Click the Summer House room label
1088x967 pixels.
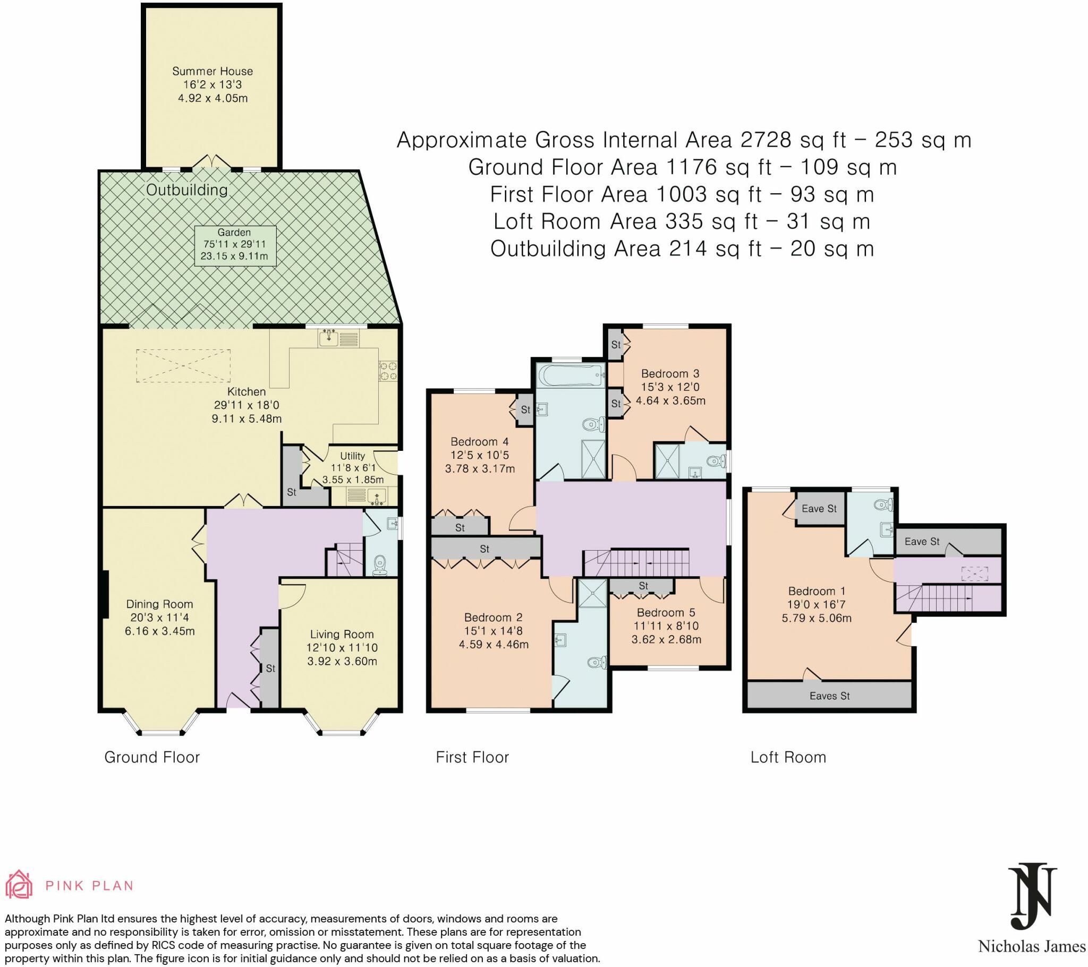coord(212,71)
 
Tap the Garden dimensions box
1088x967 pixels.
coord(234,246)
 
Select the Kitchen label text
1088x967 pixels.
coord(246,392)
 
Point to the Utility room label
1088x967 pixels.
coord(352,456)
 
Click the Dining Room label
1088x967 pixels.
coord(159,604)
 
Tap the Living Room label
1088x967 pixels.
coord(342,635)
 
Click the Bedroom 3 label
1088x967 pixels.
coord(670,374)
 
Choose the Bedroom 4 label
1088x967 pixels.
coord(479,442)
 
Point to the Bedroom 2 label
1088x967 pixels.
coord(493,618)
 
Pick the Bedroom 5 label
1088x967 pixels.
coord(666,613)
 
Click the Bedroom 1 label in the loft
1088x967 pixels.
coord(817,591)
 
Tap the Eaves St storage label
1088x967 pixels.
coord(829,696)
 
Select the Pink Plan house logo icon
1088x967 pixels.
coord(19,885)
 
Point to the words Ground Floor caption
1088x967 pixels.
coord(152,757)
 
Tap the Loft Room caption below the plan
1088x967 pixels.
coord(788,757)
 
